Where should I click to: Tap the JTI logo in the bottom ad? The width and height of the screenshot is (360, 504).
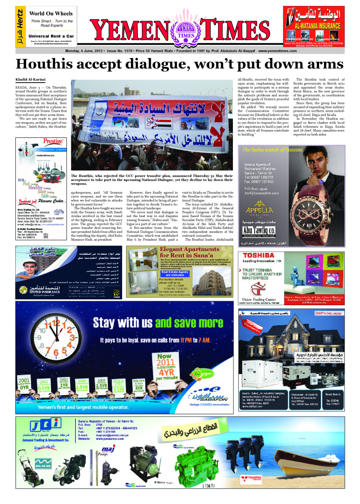click(x=44, y=426)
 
